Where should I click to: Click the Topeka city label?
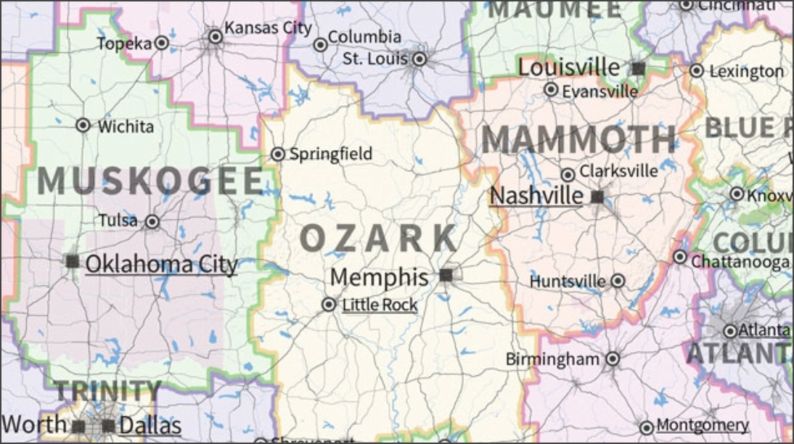coord(124,44)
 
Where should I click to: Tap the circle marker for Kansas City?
coord(215,36)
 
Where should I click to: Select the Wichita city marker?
coord(83,126)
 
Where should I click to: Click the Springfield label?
coord(330,154)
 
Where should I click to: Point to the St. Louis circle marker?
coord(419,59)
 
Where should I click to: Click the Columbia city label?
coord(364,36)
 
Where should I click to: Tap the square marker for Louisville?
coord(639,68)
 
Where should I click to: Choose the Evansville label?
coord(599,91)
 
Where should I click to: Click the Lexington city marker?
coord(697,70)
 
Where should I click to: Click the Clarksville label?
coord(618,171)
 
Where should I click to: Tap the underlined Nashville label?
coord(536,195)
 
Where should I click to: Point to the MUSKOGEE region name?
coord(150,181)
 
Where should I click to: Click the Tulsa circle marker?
coord(152,221)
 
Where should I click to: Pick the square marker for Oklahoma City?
coord(73,261)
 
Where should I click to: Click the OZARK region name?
coord(379,238)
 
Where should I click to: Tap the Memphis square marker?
coord(446,275)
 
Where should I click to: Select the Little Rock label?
coord(380,305)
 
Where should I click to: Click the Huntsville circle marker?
coord(618,281)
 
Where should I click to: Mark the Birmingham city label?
coord(552,359)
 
